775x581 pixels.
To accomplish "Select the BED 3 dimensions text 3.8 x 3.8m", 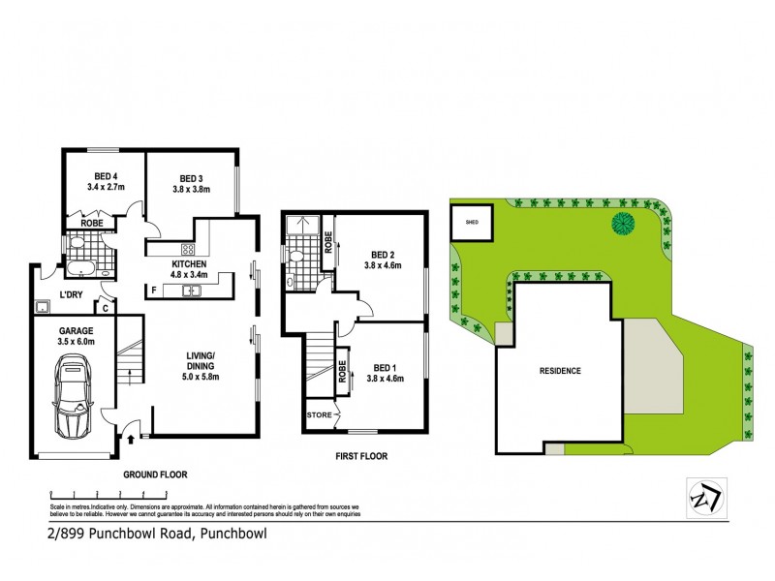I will pyautogui.click(x=190, y=190).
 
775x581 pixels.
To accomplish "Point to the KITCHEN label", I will pyautogui.click(x=189, y=264).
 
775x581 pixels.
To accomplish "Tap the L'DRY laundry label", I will pyautogui.click(x=70, y=293).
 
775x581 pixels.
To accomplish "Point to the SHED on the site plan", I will pyautogui.click(x=473, y=222).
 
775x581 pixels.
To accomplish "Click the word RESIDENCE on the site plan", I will pyautogui.click(x=560, y=371).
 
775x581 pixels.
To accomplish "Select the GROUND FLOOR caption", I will pyautogui.click(x=154, y=475).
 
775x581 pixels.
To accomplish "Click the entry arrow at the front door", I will pyautogui.click(x=131, y=438).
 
